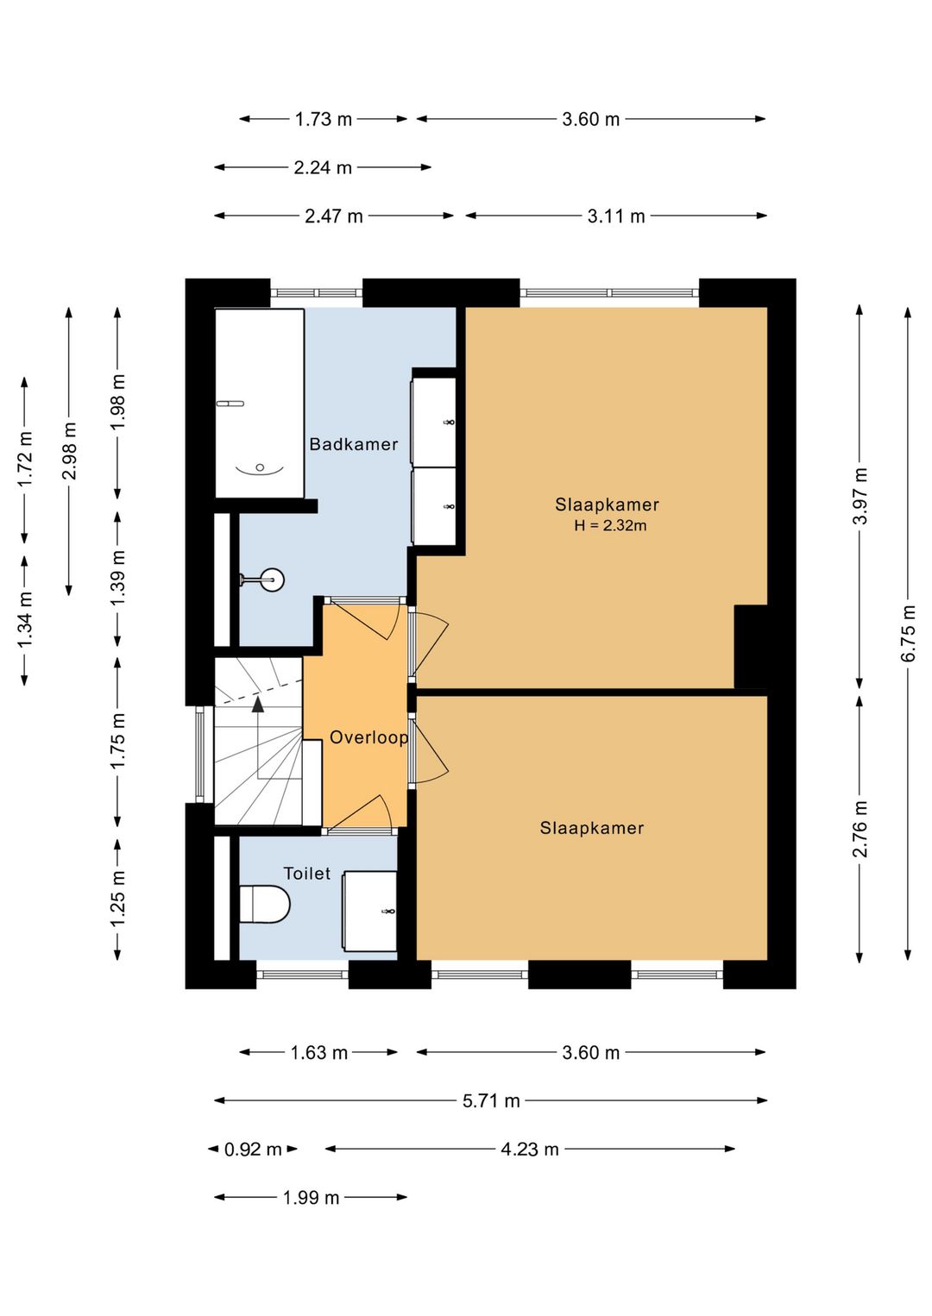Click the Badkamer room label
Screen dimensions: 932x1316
coord(354,444)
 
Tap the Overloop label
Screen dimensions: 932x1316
coord(368,737)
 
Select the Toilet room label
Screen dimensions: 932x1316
coord(307,874)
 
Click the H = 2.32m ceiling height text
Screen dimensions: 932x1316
coord(610,525)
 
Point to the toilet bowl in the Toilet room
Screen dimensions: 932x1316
coord(265,904)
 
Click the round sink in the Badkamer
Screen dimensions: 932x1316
coord(272,580)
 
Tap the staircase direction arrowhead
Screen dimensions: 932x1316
coord(257,705)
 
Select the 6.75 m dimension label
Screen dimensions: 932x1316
coord(908,633)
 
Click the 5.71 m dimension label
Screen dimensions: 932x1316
coord(491,1100)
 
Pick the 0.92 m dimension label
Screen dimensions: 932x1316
coord(253,1149)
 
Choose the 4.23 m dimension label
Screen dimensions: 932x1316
coord(529,1149)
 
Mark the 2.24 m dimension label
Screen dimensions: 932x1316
coord(323,167)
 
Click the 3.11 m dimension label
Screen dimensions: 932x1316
coord(615,216)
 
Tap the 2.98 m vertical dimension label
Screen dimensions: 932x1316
coord(69,451)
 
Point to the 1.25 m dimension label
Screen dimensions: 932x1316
coord(117,898)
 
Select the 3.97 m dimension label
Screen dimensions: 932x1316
coord(860,496)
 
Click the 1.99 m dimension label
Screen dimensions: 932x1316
coord(311,1197)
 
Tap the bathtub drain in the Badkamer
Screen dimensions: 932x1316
coord(259,467)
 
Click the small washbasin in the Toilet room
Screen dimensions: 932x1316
coord(370,912)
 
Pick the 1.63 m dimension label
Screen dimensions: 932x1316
coord(318,1052)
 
